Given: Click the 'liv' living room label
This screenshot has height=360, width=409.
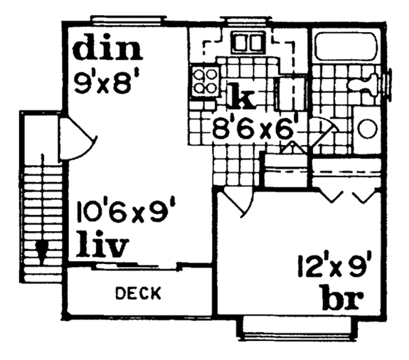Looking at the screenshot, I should pyautogui.click(x=103, y=246).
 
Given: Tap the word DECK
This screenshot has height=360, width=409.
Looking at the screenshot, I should pyautogui.click(x=138, y=293).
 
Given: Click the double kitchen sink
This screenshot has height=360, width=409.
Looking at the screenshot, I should pyautogui.click(x=249, y=43).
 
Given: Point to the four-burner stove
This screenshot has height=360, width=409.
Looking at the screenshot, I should pyautogui.click(x=205, y=80).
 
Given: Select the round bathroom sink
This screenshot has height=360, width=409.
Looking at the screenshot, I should pyautogui.click(x=367, y=129).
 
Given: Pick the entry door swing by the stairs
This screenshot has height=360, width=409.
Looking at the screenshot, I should pyautogui.click(x=75, y=140).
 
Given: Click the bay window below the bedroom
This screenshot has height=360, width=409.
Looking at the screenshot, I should pyautogui.click(x=297, y=329).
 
